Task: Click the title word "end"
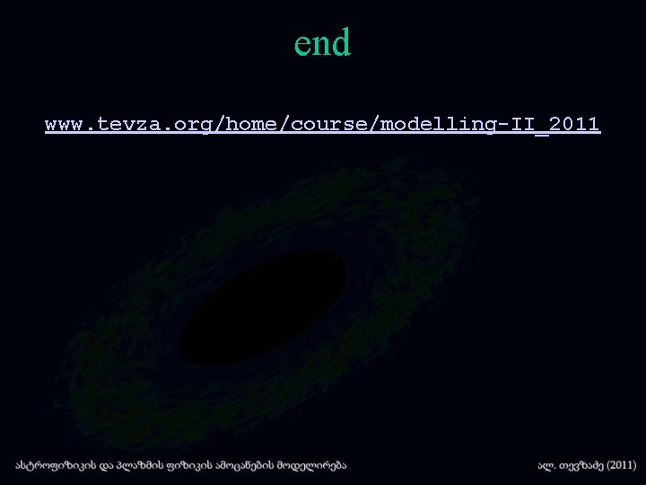[322, 42]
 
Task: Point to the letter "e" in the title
[302, 44]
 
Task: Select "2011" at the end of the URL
[575, 124]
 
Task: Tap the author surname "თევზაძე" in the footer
[575, 465]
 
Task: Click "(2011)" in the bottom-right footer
[618, 465]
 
